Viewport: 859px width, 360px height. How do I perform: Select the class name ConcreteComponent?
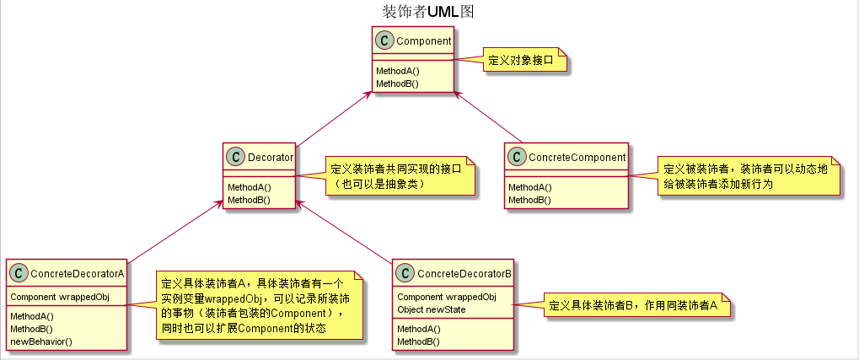point(577,157)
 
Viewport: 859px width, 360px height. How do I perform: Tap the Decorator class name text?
point(271,157)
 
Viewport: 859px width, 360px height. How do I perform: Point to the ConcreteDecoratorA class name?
point(78,273)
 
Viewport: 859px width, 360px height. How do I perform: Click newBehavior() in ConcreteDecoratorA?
point(40,341)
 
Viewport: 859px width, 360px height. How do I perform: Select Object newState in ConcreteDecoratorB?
point(432,309)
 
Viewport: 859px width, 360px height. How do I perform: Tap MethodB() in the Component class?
point(398,83)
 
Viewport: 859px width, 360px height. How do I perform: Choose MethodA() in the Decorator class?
point(249,187)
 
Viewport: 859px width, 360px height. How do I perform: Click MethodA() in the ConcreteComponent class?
point(529,187)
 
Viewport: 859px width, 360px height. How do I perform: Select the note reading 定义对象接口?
point(523,61)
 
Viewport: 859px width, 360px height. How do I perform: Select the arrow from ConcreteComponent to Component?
point(489,114)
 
